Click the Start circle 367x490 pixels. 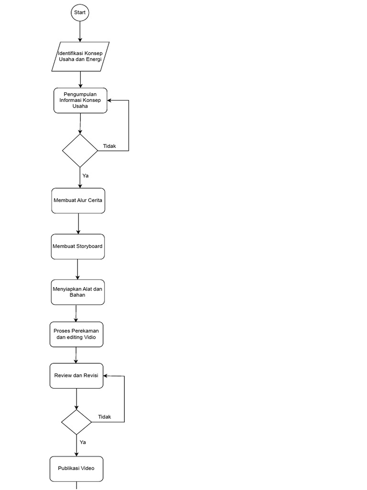click(x=80, y=12)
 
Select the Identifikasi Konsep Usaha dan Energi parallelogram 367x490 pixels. click(x=80, y=56)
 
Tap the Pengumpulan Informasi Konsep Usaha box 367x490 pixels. click(x=80, y=100)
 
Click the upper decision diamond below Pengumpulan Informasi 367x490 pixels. click(x=80, y=151)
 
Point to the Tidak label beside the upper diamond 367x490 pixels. click(x=109, y=146)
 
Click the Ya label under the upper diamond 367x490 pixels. click(x=86, y=176)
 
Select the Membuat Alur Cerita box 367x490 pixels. click(x=78, y=200)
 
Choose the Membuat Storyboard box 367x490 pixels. click(x=77, y=246)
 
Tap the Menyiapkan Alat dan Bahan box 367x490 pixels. click(x=77, y=292)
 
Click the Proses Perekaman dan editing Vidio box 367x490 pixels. click(x=76, y=334)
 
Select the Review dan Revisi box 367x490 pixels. click(x=76, y=376)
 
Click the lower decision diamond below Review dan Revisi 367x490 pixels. click(x=76, y=422)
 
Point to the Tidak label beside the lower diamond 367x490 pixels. click(x=105, y=417)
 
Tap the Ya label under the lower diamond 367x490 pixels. click(x=83, y=442)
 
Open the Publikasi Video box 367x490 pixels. click(x=76, y=468)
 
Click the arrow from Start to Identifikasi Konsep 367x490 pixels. click(x=80, y=32)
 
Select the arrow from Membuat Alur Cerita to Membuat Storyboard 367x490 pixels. click(x=78, y=223)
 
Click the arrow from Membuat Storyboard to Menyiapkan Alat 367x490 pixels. click(x=77, y=269)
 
